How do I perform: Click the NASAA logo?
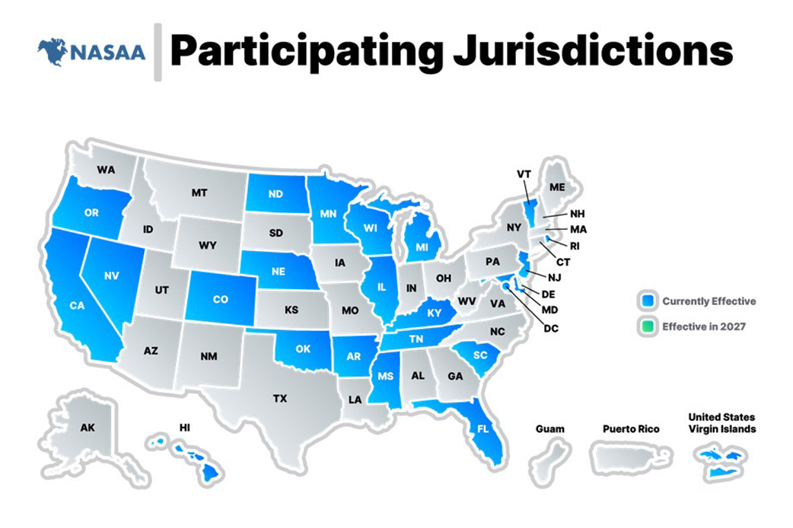pyautogui.click(x=91, y=52)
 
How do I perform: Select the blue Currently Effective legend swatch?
pyautogui.click(x=648, y=301)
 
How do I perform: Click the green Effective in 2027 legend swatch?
pyautogui.click(x=648, y=326)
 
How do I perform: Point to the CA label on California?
pyautogui.click(x=77, y=306)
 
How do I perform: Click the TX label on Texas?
pyautogui.click(x=280, y=397)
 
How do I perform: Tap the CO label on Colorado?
pyautogui.click(x=220, y=299)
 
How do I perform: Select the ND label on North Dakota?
pyautogui.click(x=275, y=193)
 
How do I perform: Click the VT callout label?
pyautogui.click(x=524, y=173)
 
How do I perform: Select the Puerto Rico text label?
pyautogui.click(x=630, y=429)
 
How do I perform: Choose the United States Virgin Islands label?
pyautogui.click(x=721, y=423)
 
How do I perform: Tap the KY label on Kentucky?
pyautogui.click(x=435, y=313)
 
